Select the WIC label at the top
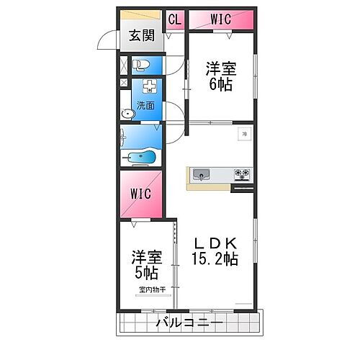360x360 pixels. (x=220, y=19)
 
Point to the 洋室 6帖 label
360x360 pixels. (x=221, y=74)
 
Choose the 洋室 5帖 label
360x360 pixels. (x=145, y=266)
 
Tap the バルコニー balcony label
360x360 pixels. (x=184, y=323)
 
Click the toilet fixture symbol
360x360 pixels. (x=142, y=65)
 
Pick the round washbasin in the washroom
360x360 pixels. (x=128, y=112)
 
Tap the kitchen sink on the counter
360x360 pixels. (x=201, y=174)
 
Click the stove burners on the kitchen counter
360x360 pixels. (x=241, y=173)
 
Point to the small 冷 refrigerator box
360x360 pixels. (x=245, y=134)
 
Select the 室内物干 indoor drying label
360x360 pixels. (x=152, y=289)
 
